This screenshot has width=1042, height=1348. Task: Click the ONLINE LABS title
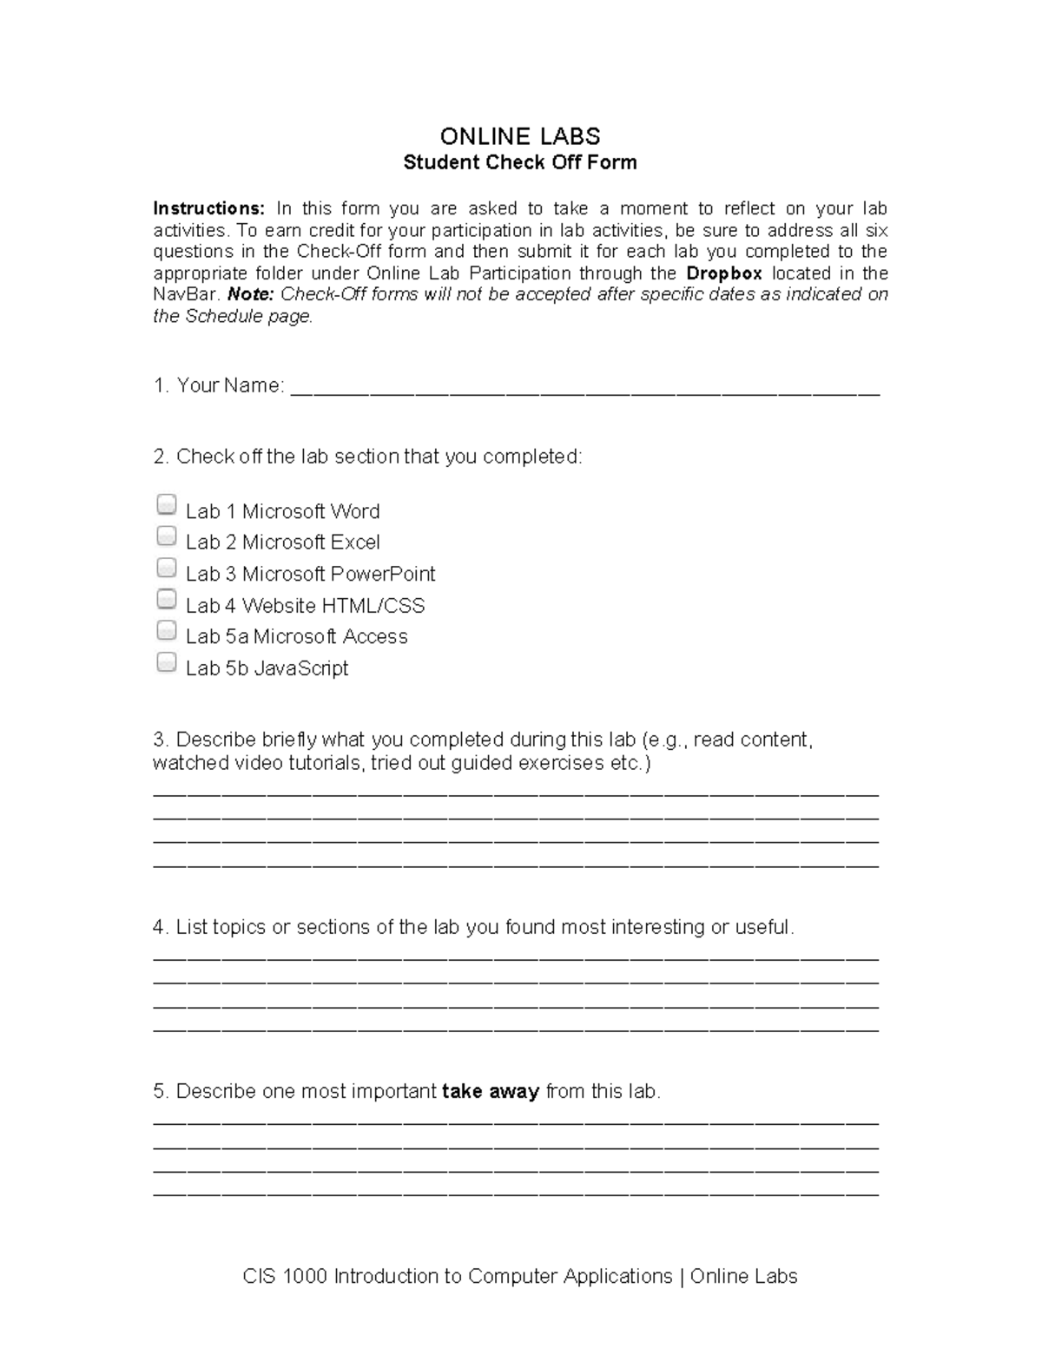pos(519,136)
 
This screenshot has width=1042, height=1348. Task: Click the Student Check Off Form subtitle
pos(519,162)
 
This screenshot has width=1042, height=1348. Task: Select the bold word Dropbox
pos(724,273)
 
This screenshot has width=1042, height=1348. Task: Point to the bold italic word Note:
pos(250,294)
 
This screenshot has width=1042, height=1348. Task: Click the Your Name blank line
pos(584,388)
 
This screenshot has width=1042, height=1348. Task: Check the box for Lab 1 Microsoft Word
pos(166,505)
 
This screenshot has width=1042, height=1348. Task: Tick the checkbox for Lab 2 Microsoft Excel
pos(166,536)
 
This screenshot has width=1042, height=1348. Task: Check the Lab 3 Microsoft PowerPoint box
pos(166,568)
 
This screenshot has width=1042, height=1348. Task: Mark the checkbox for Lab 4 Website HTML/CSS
pos(166,599)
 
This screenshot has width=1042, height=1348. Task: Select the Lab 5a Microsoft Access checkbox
pos(166,630)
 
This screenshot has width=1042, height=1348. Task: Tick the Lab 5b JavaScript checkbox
pos(166,662)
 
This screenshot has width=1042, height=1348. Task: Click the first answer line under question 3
pos(515,793)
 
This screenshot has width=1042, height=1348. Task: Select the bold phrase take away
pos(491,1091)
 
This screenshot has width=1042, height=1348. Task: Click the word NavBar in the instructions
pos(186,294)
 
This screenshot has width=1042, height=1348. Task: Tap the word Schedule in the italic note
pos(226,316)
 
